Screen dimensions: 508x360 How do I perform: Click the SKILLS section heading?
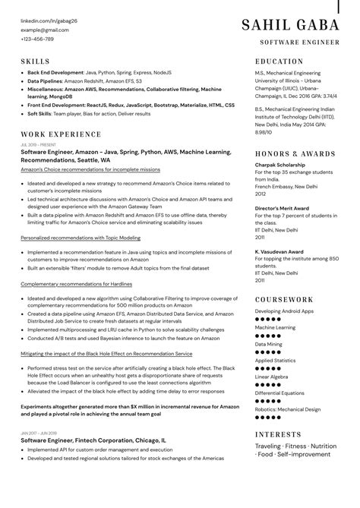coord(35,61)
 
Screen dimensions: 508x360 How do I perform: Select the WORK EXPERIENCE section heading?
coord(61,134)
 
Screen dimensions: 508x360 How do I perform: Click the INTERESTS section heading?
coord(279,434)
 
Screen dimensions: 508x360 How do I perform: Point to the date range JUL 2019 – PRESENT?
coord(38,144)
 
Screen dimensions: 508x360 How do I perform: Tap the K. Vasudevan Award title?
coord(280,250)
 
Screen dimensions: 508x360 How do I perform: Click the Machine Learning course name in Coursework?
coord(275,327)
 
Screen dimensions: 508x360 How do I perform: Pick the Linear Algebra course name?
coord(272,376)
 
